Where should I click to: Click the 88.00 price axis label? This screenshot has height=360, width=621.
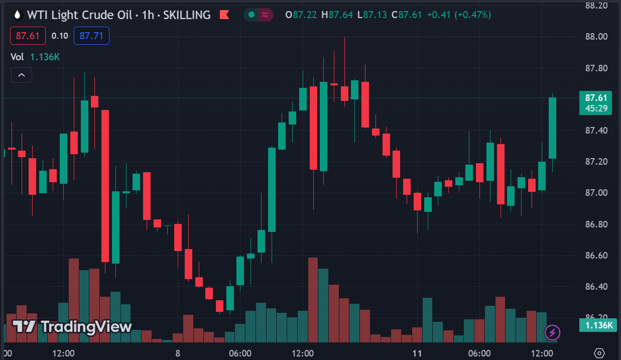pyautogui.click(x=596, y=37)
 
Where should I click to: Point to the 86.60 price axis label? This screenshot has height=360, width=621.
pyautogui.click(x=596, y=256)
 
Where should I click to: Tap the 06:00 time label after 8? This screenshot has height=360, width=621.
pyautogui.click(x=240, y=353)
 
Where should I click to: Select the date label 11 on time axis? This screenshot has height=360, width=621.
pyautogui.click(x=417, y=353)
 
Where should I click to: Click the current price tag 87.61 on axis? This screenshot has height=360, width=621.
pyautogui.click(x=595, y=98)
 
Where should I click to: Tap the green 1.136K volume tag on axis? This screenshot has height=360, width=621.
pyautogui.click(x=595, y=325)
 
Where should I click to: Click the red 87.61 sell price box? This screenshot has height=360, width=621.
pyautogui.click(x=28, y=36)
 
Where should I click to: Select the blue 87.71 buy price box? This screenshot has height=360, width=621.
pyautogui.click(x=91, y=36)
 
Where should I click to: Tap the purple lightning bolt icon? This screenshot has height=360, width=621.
pyautogui.click(x=552, y=332)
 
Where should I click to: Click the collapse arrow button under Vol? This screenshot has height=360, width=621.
pyautogui.click(x=22, y=75)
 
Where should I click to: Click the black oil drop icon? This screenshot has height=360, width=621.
pyautogui.click(x=18, y=15)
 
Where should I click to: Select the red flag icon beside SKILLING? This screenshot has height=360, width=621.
pyautogui.click(x=224, y=15)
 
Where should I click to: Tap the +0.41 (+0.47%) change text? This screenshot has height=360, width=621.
pyautogui.click(x=459, y=15)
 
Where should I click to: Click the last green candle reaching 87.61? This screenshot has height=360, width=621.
pyautogui.click(x=553, y=128)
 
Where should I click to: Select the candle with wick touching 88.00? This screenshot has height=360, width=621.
pyautogui.click(x=344, y=93)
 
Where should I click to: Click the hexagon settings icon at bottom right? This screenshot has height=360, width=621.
pyautogui.click(x=599, y=352)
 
